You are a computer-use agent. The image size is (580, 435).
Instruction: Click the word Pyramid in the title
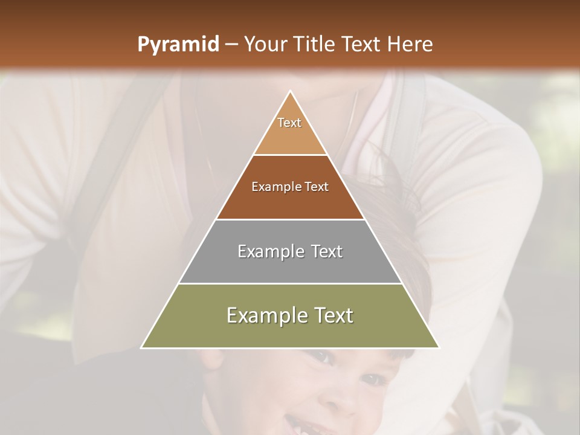178,45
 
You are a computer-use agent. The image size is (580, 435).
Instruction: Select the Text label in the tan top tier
289,123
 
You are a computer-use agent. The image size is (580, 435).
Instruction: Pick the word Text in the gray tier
327,251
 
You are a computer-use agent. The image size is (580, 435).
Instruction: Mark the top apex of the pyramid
290,91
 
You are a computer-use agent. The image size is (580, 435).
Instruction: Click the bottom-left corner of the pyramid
142,347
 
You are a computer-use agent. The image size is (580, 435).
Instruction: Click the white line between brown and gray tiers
290,219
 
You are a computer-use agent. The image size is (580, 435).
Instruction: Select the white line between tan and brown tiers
290,155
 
